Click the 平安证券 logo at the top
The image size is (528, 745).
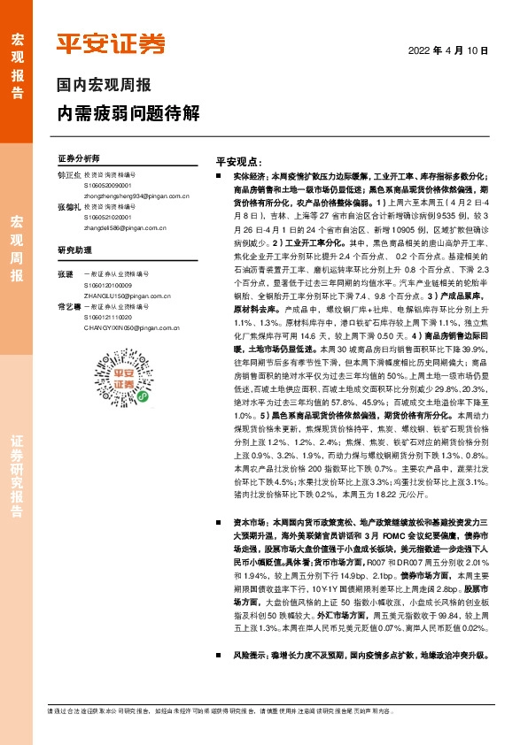click(x=111, y=45)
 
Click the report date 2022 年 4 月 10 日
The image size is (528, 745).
click(x=448, y=50)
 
